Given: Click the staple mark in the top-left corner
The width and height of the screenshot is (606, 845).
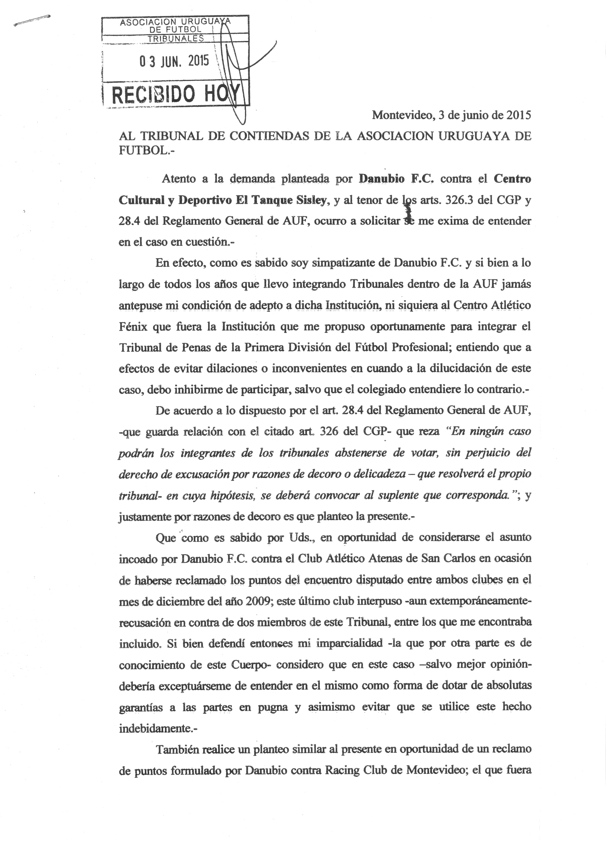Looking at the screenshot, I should (32, 20).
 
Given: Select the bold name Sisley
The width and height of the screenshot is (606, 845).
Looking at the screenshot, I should (311, 200).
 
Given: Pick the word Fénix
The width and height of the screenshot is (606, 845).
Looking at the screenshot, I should (133, 327).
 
